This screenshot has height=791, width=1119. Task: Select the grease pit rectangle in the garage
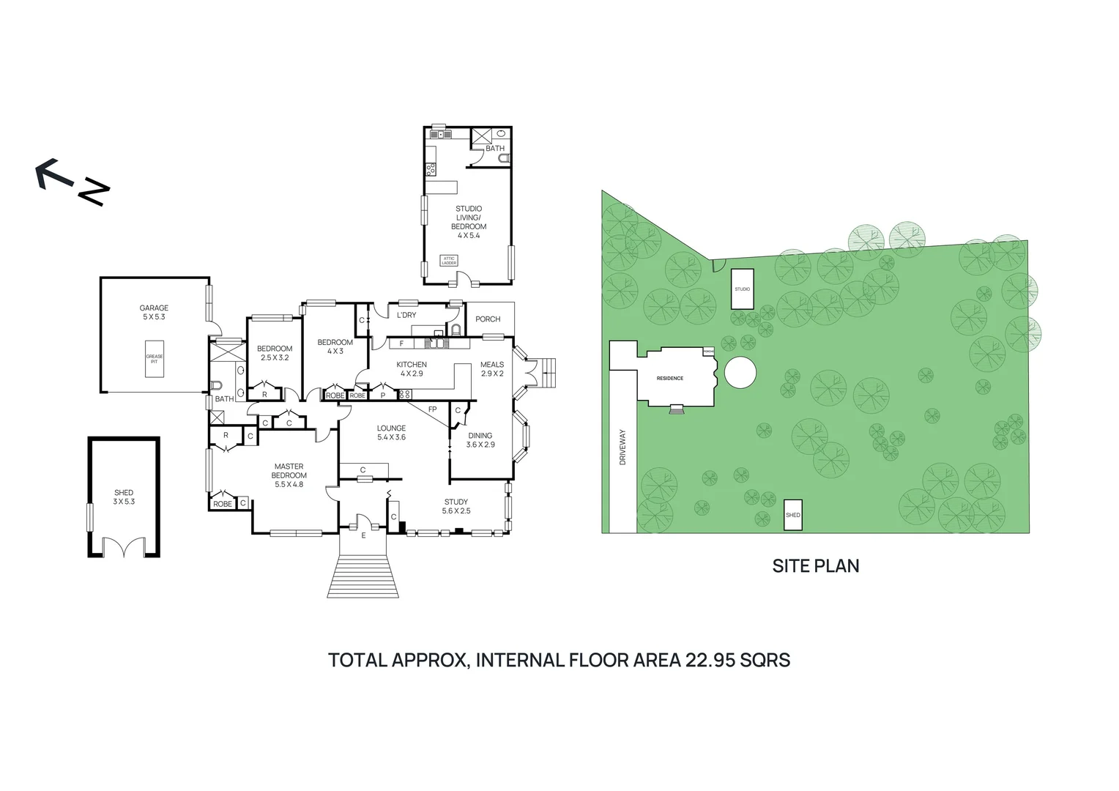coord(154,359)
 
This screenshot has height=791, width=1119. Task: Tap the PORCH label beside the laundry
coord(488,319)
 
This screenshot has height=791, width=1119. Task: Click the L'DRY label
coord(406,315)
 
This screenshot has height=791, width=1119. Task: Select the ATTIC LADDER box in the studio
coord(449,261)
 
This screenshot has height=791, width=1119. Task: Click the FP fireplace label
coord(432,409)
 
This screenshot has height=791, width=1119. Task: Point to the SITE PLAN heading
coord(816,565)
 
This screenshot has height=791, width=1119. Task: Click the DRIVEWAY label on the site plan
coord(623,447)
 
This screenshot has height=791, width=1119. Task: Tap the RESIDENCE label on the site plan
coord(670,378)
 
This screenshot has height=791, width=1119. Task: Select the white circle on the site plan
coord(740,373)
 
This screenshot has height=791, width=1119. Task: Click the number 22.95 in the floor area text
coord(710,660)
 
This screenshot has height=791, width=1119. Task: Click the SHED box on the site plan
coord(793,515)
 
